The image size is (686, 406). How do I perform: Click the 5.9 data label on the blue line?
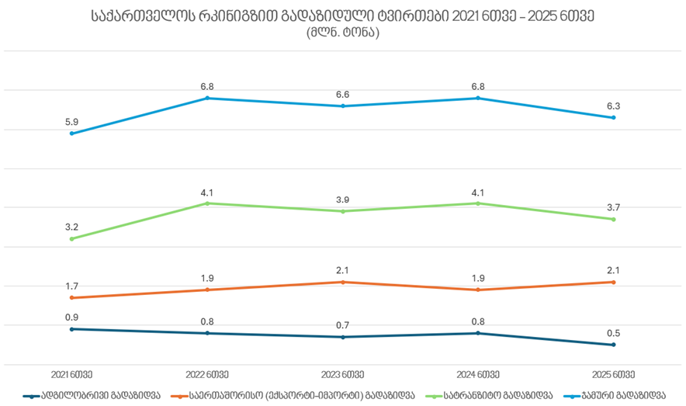71,122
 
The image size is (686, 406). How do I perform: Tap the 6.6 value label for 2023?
342,95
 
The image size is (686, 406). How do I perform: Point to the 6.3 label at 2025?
613,106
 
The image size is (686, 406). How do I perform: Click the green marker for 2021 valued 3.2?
71,238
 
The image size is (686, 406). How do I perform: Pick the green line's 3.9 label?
342,200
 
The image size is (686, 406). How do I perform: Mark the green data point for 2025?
613,219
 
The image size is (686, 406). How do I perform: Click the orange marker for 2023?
342,282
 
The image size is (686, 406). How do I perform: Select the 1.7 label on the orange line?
71,286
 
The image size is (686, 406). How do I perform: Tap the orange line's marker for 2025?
613,282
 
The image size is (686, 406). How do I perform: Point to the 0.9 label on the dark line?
71,318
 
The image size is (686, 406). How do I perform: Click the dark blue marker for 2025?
613,345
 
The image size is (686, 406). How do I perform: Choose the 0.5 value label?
613,333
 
